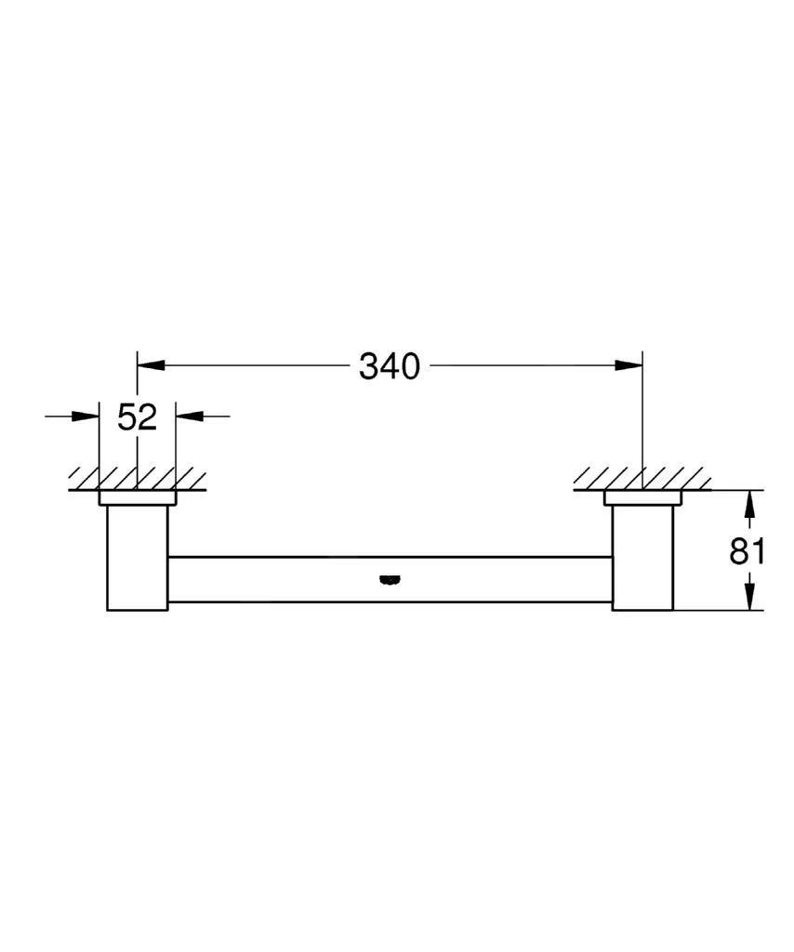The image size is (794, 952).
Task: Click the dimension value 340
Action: point(390,367)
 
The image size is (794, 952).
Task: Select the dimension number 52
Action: point(138,417)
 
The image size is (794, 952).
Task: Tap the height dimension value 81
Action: point(747,551)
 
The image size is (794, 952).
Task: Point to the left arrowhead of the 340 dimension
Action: point(150,366)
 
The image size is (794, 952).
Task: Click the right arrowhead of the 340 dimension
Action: point(630,366)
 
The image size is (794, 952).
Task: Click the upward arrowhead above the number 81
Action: point(751,504)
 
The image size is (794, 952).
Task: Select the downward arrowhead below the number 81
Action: point(751,597)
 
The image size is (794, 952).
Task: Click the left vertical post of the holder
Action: point(138,558)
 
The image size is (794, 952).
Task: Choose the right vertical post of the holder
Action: point(642,558)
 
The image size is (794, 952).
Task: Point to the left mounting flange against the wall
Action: point(138,498)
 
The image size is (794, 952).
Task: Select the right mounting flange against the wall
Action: point(642,498)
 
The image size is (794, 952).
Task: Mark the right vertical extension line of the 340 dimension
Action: point(642,418)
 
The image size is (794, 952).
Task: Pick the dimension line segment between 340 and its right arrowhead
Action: point(521,366)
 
